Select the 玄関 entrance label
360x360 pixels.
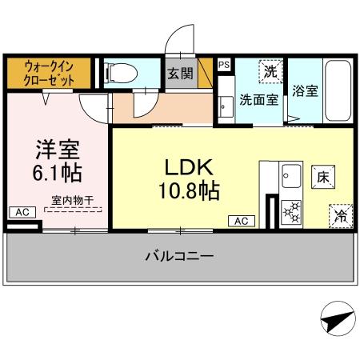[178, 74]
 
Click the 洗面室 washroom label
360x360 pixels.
[259, 101]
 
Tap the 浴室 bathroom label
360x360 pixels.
[305, 90]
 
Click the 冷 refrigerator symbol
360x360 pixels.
[339, 214]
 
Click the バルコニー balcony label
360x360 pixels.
[179, 257]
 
